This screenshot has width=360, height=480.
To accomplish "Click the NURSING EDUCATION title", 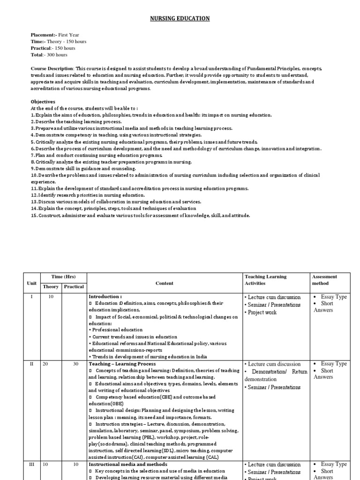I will point(180,18).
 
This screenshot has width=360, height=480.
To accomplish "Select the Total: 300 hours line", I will point(49,55).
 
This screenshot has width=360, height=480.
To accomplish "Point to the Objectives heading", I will point(43,102).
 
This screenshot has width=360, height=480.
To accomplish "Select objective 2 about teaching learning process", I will point(76,121).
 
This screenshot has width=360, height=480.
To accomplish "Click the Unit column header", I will point(31,283).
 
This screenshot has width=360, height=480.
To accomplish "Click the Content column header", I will point(165,283).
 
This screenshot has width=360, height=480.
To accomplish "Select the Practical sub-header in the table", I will point(74,286).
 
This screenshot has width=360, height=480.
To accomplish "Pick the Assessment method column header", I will point(324,280).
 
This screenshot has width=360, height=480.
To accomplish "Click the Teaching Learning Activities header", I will point(265,280).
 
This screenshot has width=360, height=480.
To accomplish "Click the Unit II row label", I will point(31,364).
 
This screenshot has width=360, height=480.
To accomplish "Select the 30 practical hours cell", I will point(75,364).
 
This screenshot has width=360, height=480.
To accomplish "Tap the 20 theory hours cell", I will point(45,364).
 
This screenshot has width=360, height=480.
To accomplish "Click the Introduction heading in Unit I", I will point(105,297).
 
